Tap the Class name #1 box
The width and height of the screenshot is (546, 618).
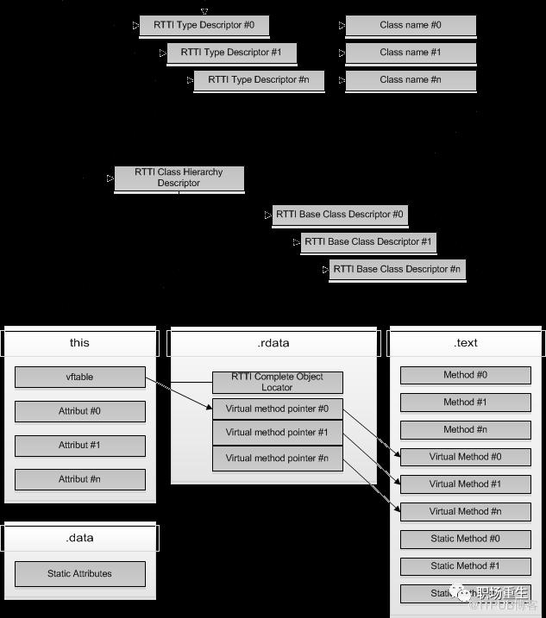411,53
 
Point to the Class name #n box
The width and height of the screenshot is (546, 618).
411,80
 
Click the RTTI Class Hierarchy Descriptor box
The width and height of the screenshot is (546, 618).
179,178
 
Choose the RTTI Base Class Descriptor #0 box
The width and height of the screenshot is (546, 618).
339,215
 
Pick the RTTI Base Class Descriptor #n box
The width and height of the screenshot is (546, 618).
397,269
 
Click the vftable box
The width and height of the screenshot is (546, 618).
79,377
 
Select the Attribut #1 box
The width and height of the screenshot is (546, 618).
79,445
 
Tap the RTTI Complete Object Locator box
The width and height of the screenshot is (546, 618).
277,382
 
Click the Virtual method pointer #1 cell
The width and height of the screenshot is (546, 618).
277,433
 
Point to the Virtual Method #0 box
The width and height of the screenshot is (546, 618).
465,458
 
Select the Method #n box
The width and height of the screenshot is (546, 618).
465,429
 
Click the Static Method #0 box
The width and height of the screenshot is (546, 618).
465,539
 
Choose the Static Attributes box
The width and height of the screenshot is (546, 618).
79,573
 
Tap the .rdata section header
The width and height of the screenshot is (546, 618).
273,343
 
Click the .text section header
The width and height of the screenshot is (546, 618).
465,343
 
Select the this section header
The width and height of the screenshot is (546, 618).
79,343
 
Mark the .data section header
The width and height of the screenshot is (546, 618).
79,538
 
